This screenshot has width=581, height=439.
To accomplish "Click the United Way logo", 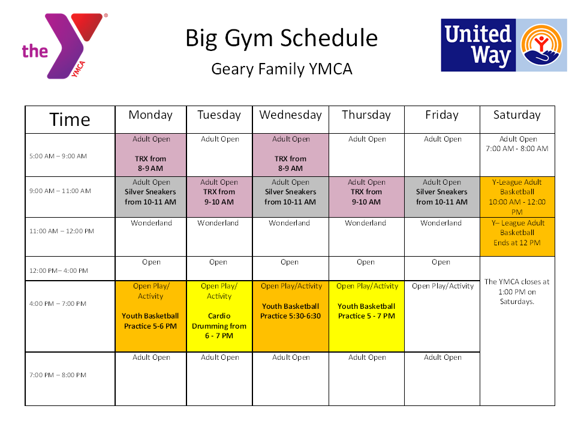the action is (504, 45).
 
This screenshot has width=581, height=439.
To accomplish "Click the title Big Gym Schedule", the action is (282, 38).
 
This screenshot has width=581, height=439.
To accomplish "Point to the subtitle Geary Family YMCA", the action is (282, 69).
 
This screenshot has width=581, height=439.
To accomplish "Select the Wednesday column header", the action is (290, 119).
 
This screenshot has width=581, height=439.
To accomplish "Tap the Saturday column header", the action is (517, 119).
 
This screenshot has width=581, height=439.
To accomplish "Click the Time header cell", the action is (70, 119).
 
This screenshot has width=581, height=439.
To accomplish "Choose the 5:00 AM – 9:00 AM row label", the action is (58, 156).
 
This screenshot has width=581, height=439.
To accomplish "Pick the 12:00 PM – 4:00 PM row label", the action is (59, 270).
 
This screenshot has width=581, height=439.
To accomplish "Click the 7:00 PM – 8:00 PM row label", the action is (58, 375).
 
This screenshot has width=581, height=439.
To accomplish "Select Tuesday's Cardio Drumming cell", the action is (219, 316).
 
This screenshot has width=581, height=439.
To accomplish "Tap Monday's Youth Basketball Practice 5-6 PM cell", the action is (151, 316).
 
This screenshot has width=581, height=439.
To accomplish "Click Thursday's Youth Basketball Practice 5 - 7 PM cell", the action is (366, 316).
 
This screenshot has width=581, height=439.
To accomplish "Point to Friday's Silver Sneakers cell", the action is (442, 197).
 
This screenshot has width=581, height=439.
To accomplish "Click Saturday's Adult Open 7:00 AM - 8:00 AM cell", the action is (517, 155).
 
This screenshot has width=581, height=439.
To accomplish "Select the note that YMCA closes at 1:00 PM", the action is (517, 291).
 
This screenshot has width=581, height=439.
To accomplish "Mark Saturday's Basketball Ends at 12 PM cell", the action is (517, 237).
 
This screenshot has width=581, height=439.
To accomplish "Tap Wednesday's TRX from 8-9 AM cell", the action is (290, 155).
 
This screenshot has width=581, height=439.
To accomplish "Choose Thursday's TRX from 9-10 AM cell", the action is (366, 197).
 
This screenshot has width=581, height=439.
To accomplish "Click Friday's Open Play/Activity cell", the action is (442, 316).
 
